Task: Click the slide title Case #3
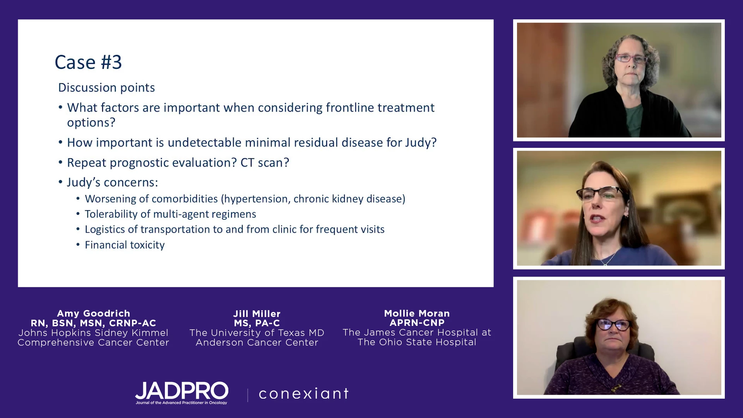(x=88, y=62)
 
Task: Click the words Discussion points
(x=106, y=88)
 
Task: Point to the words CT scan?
(x=265, y=163)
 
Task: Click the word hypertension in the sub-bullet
(x=256, y=199)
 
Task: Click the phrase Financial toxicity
(x=125, y=245)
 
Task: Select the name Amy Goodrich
(x=94, y=313)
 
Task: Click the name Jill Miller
(x=257, y=314)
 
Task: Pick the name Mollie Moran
(x=417, y=313)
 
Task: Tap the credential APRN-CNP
(x=417, y=323)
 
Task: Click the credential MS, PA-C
(x=257, y=323)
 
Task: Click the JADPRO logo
(x=181, y=393)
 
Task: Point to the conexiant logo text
(x=304, y=394)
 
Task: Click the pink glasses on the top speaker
(x=631, y=59)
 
